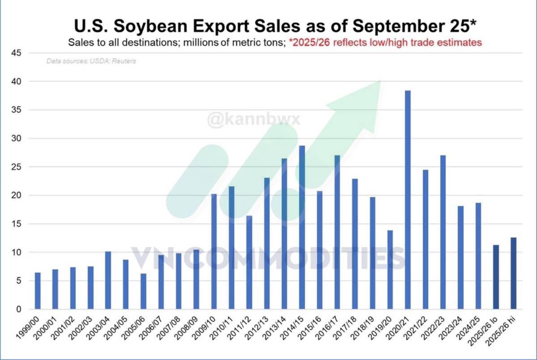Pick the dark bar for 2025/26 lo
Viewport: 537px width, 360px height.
(496, 277)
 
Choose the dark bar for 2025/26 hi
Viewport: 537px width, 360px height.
(513, 273)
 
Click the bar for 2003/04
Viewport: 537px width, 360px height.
(108, 280)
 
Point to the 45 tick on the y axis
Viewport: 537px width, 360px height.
(17, 53)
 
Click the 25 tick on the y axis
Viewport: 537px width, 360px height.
(17, 167)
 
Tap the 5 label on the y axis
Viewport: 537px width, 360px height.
(19, 281)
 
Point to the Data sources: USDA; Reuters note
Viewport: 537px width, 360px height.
(91, 61)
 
